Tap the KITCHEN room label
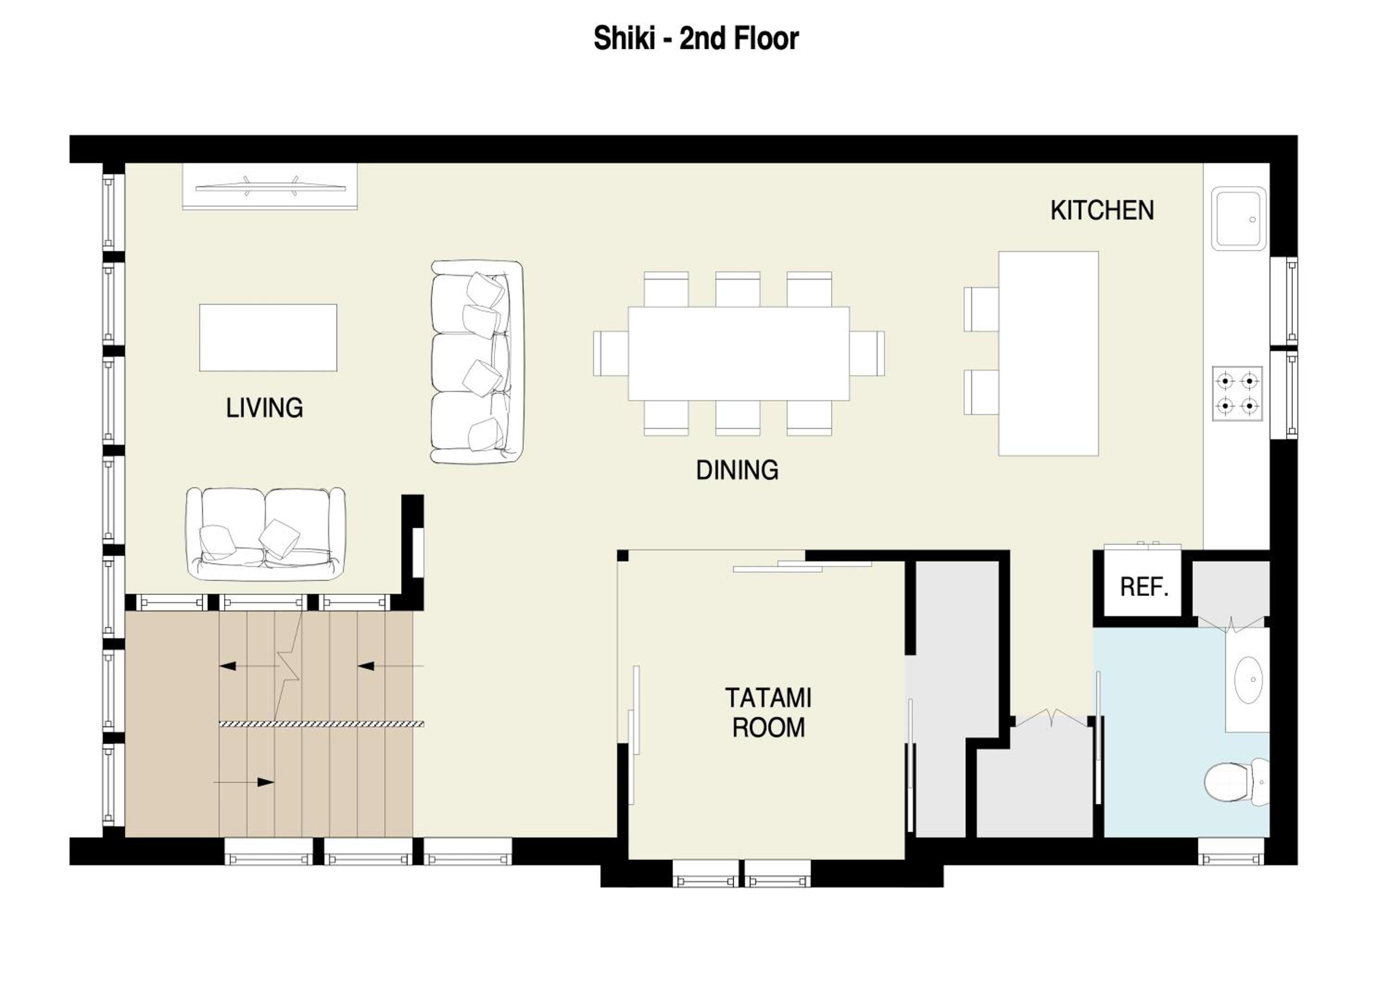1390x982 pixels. tap(1102, 211)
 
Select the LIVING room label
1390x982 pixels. tap(265, 408)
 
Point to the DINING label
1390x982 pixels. tap(737, 470)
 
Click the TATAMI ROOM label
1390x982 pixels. tap(768, 713)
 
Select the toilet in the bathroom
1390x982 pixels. tap(1236, 782)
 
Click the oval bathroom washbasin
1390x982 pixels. tap(1248, 680)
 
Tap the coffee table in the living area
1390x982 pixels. tap(268, 338)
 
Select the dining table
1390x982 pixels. tap(739, 353)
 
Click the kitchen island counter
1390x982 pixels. tap(1049, 353)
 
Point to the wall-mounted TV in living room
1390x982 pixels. tap(270, 187)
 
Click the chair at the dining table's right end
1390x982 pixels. tap(867, 353)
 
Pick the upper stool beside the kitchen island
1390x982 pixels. tap(981, 309)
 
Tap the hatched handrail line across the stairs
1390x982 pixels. tap(322, 724)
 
